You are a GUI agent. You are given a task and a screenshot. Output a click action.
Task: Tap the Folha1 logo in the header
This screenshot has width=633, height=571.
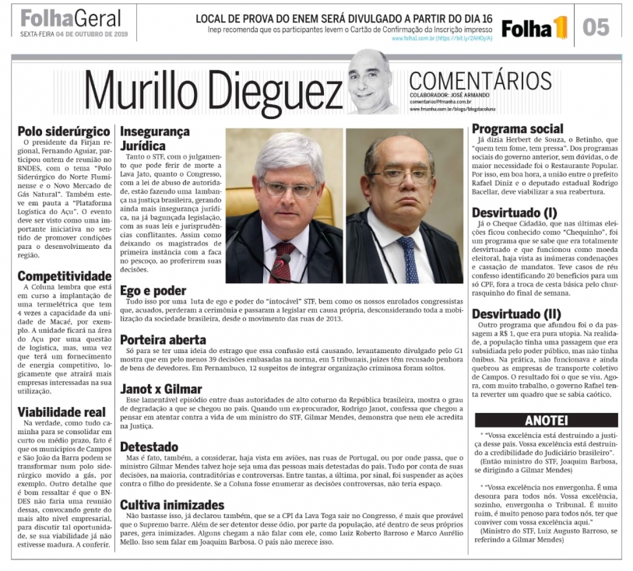(x=535, y=29)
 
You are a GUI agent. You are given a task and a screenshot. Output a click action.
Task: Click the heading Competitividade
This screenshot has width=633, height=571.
(x=65, y=275)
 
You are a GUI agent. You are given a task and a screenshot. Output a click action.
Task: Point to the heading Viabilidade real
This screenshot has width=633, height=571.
(x=62, y=412)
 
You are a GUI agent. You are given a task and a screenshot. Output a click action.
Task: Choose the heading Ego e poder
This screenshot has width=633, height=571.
(x=153, y=290)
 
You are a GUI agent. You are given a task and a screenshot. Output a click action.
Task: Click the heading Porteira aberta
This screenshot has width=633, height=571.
(x=163, y=339)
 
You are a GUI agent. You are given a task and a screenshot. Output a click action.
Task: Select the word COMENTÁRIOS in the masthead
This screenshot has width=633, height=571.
(x=480, y=81)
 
